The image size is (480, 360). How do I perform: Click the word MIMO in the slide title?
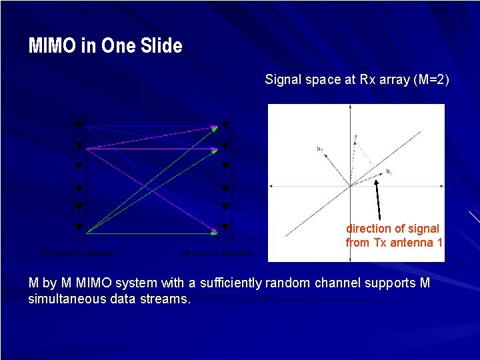[x=51, y=46]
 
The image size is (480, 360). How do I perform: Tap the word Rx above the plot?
[x=367, y=80]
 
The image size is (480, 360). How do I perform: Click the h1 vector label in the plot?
[x=389, y=171]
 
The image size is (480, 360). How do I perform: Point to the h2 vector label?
[x=320, y=149]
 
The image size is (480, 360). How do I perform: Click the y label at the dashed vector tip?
[x=356, y=137]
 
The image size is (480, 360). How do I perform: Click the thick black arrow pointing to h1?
[x=379, y=200]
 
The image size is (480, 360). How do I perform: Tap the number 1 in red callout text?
[x=439, y=243]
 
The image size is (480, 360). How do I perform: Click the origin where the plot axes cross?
[x=349, y=187]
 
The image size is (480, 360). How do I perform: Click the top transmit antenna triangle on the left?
[x=78, y=125]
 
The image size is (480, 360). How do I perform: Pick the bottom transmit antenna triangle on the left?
[x=78, y=227]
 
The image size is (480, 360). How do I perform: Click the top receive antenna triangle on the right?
[x=225, y=125]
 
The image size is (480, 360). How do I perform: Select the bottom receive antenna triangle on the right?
[x=225, y=227]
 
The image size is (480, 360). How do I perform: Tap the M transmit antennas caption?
[x=77, y=253]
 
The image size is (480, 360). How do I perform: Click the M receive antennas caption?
[x=217, y=253]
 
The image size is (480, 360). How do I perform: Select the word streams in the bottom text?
[x=167, y=299]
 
